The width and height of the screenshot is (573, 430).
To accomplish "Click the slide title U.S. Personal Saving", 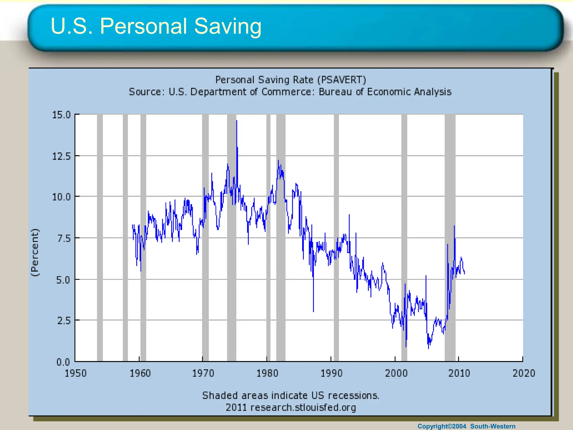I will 156,26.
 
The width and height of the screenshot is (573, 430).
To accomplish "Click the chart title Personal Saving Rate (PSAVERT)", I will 290,80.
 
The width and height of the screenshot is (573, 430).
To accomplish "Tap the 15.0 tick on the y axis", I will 61,115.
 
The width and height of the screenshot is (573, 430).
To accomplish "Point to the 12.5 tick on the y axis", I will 61,156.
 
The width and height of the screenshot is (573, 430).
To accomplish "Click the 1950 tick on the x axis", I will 76,373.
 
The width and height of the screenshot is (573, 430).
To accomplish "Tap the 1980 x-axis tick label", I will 267,373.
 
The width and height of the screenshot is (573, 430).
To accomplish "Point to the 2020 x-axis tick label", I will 523,373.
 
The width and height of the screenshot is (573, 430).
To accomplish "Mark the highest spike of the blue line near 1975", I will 237,121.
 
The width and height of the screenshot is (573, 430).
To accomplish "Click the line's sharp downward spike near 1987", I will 313,311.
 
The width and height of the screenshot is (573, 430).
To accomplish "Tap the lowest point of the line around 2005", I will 428,348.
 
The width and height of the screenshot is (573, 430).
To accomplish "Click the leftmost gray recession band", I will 100,238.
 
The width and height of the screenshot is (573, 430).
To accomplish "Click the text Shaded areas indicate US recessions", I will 290,395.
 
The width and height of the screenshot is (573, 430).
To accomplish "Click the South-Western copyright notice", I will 466,426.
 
